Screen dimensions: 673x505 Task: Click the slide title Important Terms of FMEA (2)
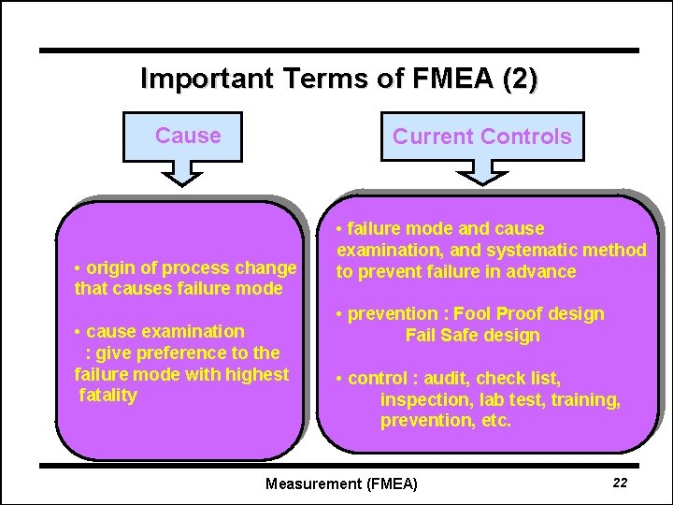pyautogui.click(x=338, y=79)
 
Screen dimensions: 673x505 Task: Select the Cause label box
pyautogui.click(x=188, y=137)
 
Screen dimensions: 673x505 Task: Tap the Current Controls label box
pyautogui.click(x=481, y=137)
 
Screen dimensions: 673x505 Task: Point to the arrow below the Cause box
pyautogui.click(x=187, y=172)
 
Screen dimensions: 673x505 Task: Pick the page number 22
pyautogui.click(x=619, y=483)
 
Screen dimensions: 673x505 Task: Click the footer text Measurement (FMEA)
pyautogui.click(x=342, y=483)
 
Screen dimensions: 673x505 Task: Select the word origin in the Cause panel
pyautogui.click(x=109, y=268)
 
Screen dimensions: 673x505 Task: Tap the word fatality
pyautogui.click(x=108, y=395)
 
